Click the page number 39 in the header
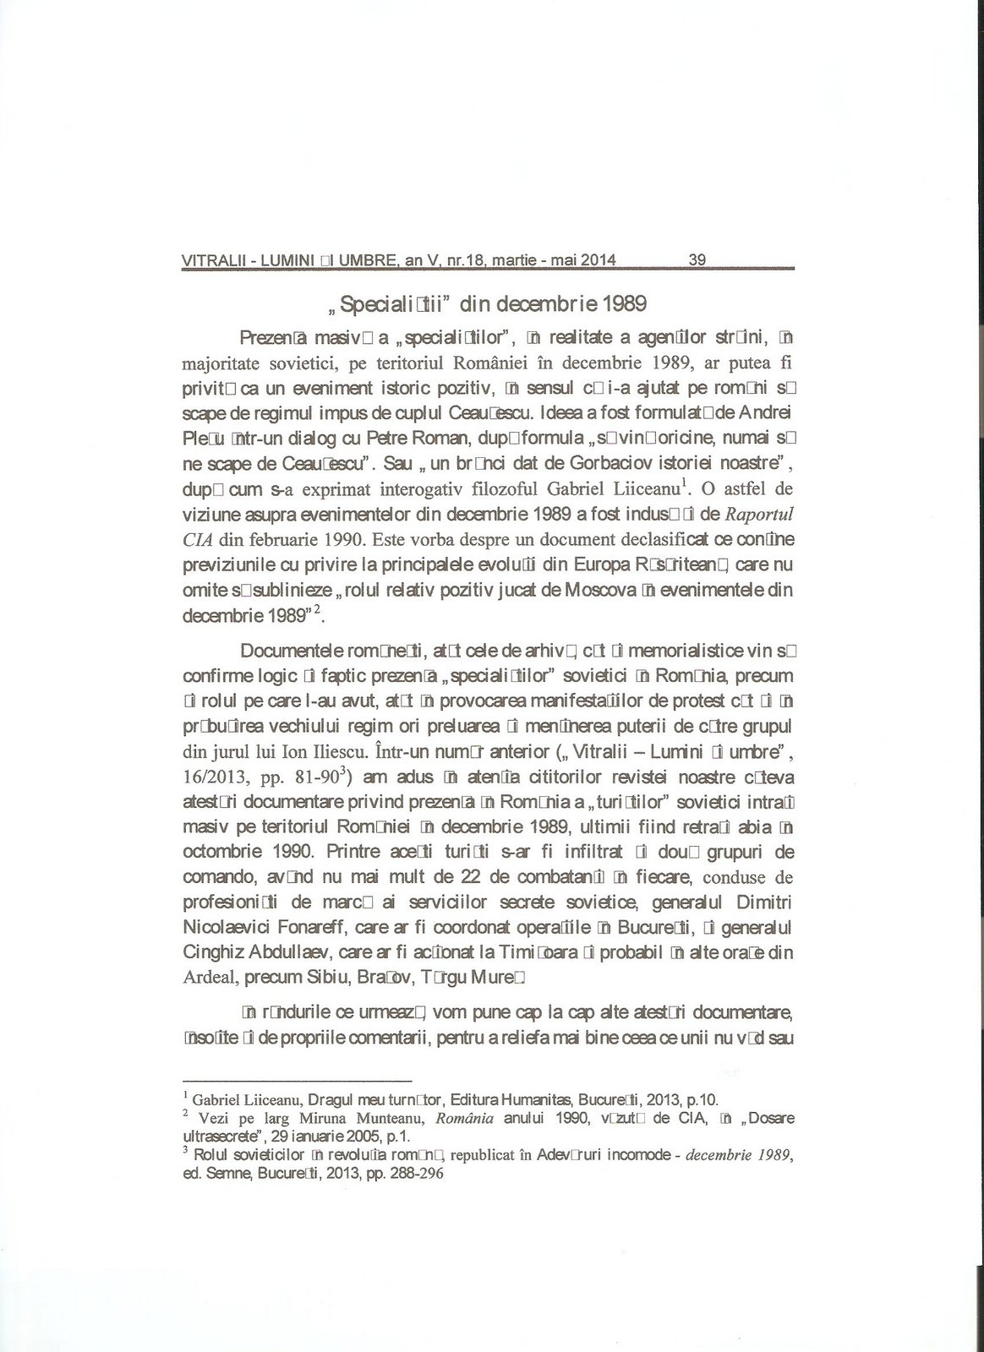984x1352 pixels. pyautogui.click(x=697, y=260)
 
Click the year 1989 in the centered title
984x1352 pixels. pyautogui.click(x=625, y=302)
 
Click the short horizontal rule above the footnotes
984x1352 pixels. pyautogui.click(x=298, y=1081)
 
